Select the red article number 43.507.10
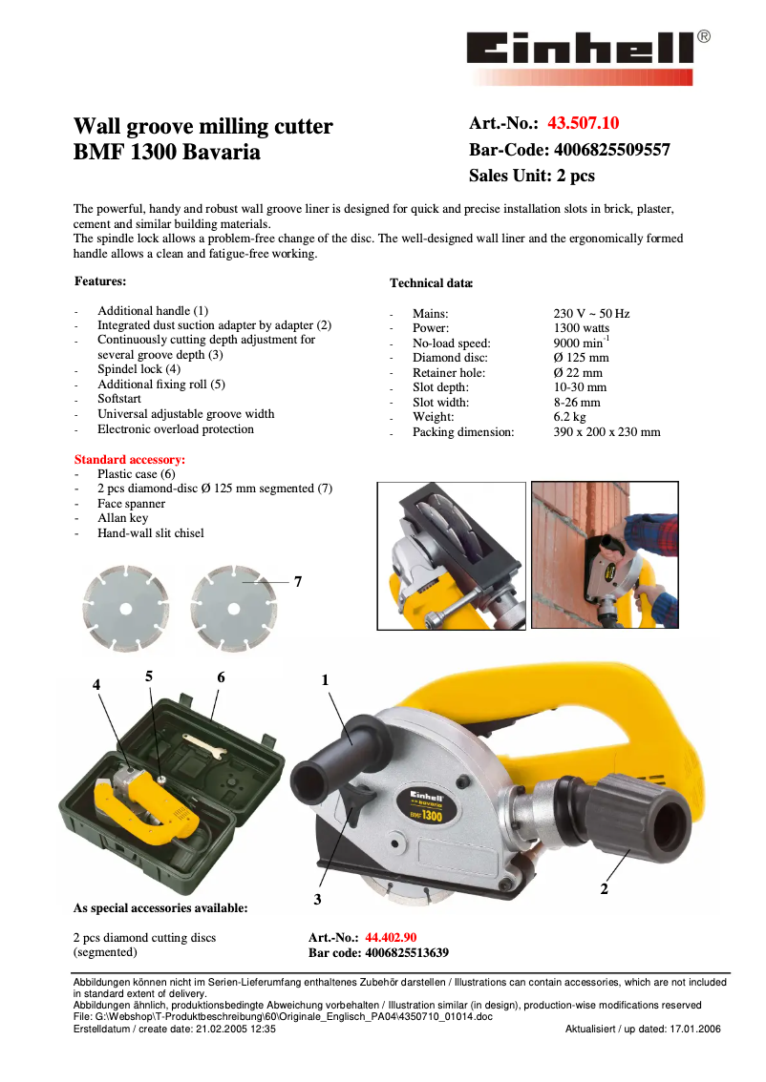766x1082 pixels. click(583, 123)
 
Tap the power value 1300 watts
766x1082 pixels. click(581, 328)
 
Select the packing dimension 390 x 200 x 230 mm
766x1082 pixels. click(606, 432)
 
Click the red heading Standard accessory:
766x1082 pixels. click(129, 460)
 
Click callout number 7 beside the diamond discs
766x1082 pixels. click(298, 581)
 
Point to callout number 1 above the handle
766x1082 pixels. click(325, 680)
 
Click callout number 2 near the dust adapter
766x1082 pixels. click(604, 889)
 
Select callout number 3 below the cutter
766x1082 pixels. click(317, 900)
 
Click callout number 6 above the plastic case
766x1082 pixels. click(221, 677)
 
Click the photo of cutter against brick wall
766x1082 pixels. click(604, 555)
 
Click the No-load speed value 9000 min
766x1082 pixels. click(581, 343)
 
